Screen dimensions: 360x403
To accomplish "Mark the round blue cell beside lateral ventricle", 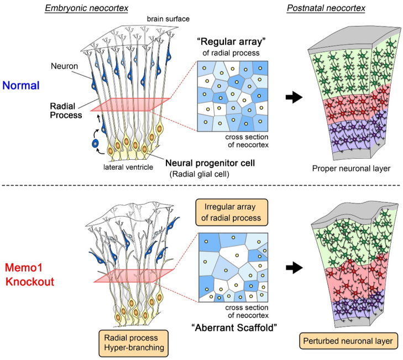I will pos(96,144).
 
